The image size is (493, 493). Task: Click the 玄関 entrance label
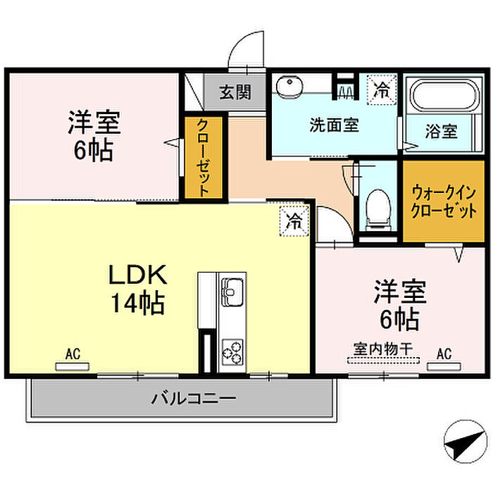[x=235, y=92]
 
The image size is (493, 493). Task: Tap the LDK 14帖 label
[x=138, y=289]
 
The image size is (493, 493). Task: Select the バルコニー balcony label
[x=194, y=399]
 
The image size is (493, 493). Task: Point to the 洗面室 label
[x=334, y=125]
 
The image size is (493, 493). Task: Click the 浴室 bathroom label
[x=441, y=131]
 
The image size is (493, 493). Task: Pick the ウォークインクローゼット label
[x=444, y=201]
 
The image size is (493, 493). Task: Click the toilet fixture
[x=379, y=209]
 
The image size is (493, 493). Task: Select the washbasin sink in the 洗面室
[x=289, y=86]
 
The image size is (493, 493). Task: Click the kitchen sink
[x=232, y=292]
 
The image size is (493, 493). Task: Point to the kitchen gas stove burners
[x=232, y=352]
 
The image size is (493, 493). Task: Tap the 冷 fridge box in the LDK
[x=294, y=221]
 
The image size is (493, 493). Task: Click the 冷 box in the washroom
[x=382, y=89]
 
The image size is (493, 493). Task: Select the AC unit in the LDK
[x=73, y=367]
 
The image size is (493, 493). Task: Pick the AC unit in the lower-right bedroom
[x=444, y=367]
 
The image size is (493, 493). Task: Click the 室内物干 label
[x=383, y=349]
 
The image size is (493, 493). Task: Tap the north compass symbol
[x=465, y=441]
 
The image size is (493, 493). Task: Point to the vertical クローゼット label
[x=203, y=158]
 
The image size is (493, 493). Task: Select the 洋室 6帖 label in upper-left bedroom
[x=94, y=136]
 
